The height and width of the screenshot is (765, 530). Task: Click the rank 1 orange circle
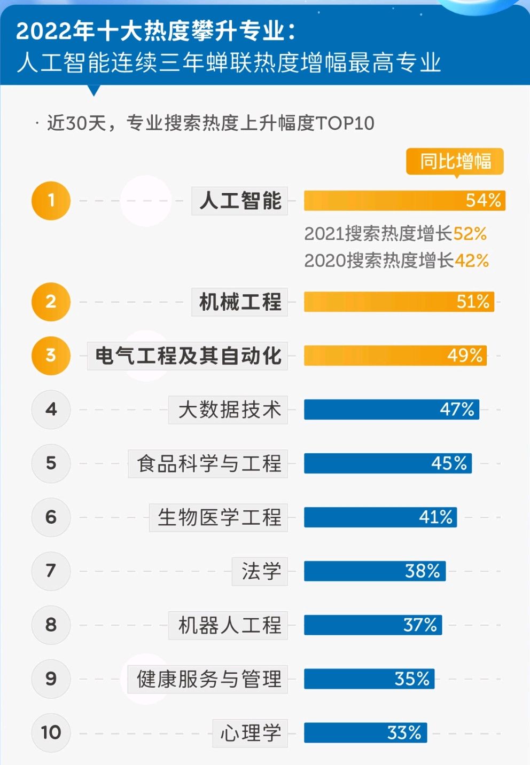point(51,201)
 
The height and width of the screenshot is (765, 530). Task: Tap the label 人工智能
point(240,201)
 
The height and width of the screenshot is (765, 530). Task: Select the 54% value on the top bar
point(483,201)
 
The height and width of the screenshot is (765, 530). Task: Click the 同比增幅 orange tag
point(455,161)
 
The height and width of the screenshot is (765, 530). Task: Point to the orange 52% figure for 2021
point(470,234)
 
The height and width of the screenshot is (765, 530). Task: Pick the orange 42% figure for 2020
point(472,261)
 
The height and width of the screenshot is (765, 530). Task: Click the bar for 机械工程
point(399,302)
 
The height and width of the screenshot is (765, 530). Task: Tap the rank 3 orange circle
point(51,356)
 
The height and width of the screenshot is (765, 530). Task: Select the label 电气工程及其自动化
point(188,356)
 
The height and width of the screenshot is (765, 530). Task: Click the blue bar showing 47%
point(391,410)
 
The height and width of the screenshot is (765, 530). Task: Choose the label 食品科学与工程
point(208,463)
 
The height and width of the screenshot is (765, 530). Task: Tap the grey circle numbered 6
point(51,517)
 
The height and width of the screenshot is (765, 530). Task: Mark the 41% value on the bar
point(435,517)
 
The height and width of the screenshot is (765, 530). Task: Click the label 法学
point(261,571)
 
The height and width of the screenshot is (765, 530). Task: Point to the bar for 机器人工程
point(372,625)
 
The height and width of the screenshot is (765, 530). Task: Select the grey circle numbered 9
point(51,679)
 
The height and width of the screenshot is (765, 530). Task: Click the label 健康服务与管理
point(208,679)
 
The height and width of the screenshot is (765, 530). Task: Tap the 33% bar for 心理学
point(365,733)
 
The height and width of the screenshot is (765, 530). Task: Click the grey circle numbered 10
point(51,732)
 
